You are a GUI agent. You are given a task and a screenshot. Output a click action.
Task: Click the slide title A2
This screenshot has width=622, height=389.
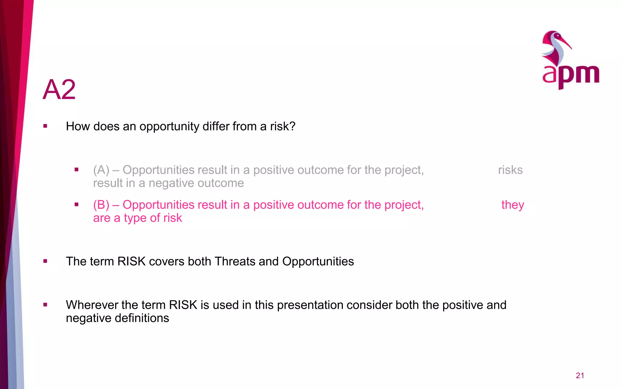coord(59,90)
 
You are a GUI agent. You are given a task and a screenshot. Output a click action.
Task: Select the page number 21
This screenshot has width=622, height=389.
coord(580,376)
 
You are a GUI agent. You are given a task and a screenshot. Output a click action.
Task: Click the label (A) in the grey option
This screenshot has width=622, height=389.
coord(101,170)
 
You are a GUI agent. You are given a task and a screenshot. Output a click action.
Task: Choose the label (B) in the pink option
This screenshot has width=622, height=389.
coord(101,205)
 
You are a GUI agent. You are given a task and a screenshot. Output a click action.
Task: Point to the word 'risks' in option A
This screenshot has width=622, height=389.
coord(510,170)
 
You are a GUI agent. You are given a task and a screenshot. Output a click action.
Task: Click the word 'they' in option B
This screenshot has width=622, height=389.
coord(513,205)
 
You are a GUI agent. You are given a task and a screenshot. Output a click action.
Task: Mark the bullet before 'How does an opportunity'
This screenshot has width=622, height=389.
coord(45,126)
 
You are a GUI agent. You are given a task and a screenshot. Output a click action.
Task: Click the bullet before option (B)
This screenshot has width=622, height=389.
coord(77,205)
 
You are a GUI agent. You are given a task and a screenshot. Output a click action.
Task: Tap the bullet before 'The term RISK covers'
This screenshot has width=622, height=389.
coord(45,261)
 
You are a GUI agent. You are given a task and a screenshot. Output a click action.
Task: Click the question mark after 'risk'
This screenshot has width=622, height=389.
coord(292,126)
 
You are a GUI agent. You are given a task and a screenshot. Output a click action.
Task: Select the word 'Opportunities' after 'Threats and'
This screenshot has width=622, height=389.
coord(318,261)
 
